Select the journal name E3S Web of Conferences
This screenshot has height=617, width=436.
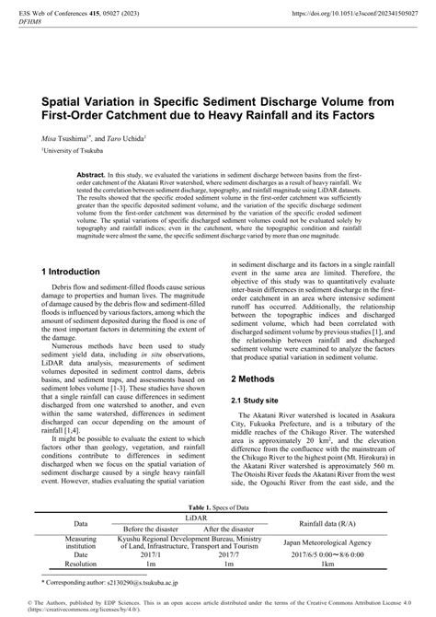[x=65, y=15]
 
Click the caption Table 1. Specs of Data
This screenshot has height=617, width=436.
[x=217, y=533]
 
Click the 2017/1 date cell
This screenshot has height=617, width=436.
[x=151, y=582]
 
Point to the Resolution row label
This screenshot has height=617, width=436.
[x=81, y=591]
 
